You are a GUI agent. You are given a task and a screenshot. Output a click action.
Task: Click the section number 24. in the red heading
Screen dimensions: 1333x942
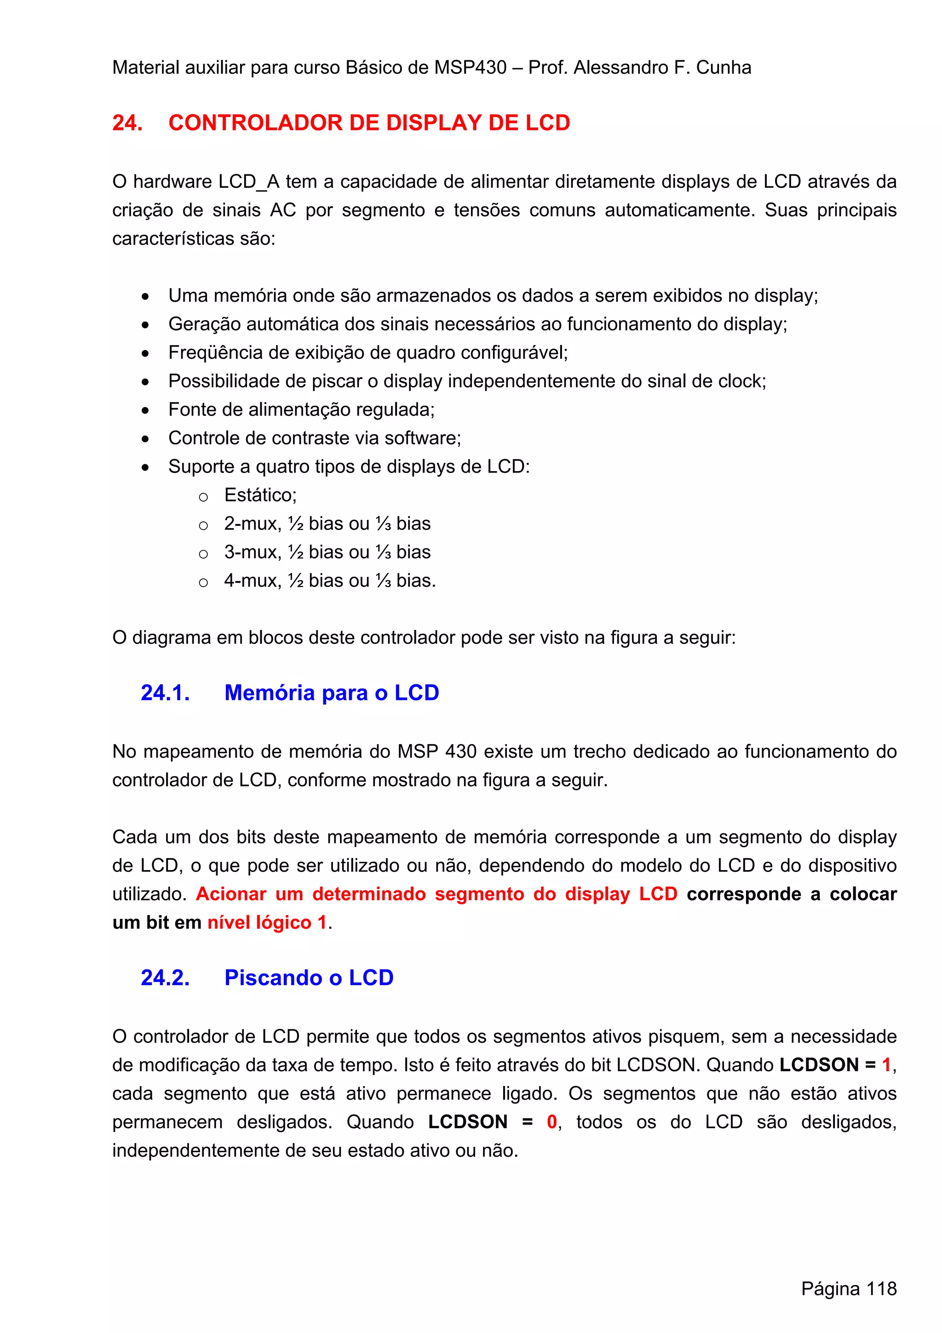127,123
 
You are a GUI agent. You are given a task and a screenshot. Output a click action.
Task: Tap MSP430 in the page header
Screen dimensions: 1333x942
470,68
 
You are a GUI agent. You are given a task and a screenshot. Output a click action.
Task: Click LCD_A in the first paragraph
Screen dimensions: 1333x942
248,182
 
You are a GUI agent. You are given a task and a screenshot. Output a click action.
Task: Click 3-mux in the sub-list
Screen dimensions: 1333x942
251,552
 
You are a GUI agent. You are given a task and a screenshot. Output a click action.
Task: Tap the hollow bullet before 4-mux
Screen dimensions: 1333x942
203,583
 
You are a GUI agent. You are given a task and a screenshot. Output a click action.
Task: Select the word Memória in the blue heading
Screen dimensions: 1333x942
270,693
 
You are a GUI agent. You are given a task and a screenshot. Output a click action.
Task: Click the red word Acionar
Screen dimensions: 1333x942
230,894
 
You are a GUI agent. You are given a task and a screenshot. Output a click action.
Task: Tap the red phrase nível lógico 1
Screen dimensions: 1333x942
267,923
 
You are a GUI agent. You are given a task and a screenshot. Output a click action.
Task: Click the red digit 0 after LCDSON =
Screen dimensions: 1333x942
551,1122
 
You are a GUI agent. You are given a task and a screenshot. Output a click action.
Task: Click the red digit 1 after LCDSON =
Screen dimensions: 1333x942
886,1065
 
